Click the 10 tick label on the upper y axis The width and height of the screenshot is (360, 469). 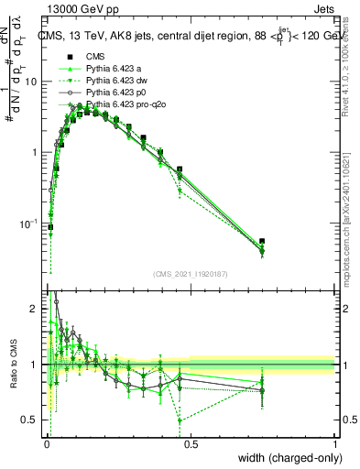click(30, 82)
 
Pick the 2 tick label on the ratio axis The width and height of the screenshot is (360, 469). click(34, 310)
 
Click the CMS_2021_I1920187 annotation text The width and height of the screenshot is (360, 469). click(191, 272)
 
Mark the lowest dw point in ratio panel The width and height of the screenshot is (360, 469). click(180, 420)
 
